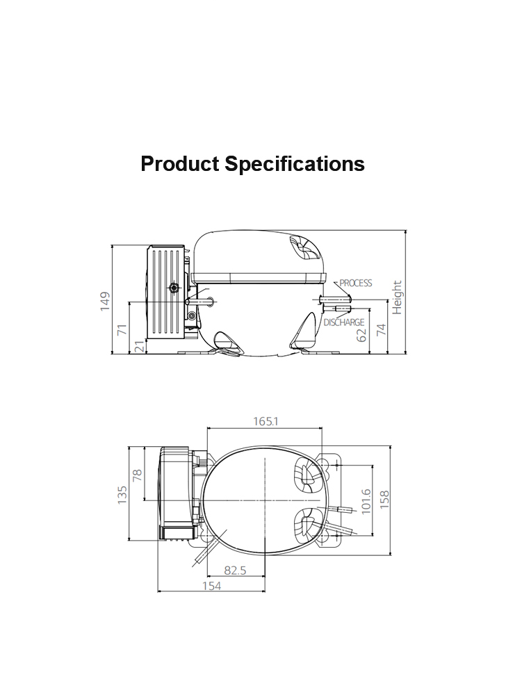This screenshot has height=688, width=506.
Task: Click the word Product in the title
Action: pyautogui.click(x=179, y=164)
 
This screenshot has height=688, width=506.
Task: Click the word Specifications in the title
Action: pyautogui.click(x=295, y=165)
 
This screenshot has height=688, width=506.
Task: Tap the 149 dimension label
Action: pyautogui.click(x=105, y=302)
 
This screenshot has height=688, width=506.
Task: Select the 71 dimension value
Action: pyautogui.click(x=122, y=329)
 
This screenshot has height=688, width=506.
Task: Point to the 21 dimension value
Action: pyautogui.click(x=140, y=346)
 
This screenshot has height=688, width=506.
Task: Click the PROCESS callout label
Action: pyautogui.click(x=355, y=283)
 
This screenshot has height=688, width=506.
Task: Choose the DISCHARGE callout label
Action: pyautogui.click(x=344, y=322)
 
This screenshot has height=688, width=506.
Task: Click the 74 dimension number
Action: pyautogui.click(x=382, y=329)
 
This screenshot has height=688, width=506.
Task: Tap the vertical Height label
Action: pyautogui.click(x=397, y=297)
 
